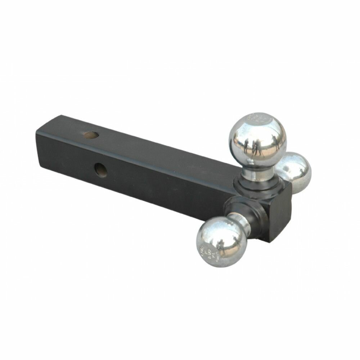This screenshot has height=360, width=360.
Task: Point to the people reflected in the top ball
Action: [x=254, y=146]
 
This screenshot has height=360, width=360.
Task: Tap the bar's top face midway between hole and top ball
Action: [x=162, y=151]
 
